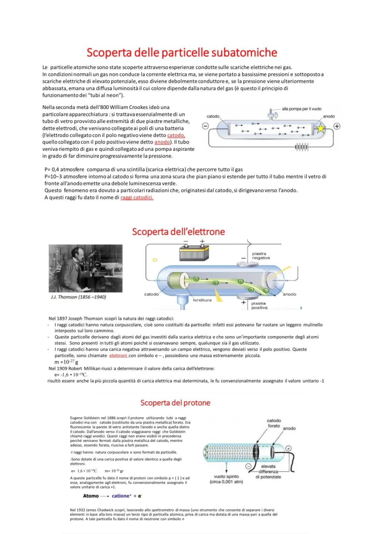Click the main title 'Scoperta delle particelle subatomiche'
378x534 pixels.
[182, 52]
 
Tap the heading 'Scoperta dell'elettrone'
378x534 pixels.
[178, 232]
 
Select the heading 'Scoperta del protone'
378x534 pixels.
[175, 403]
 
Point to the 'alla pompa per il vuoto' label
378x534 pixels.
[301, 109]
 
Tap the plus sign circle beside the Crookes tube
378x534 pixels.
[337, 126]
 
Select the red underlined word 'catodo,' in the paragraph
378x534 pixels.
[176, 135]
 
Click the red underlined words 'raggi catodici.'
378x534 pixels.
[137, 198]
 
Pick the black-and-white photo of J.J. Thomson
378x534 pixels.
[85, 268]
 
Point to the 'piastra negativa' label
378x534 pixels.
[261, 256]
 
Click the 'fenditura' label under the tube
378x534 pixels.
[202, 300]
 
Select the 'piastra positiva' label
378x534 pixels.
[259, 305]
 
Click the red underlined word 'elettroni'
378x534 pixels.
[118, 356]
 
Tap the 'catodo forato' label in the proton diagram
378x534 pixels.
[274, 423]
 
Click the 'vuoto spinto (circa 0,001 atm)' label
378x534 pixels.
[226, 479]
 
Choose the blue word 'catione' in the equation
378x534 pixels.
[121, 496]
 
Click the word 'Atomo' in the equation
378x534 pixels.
[91, 496]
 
